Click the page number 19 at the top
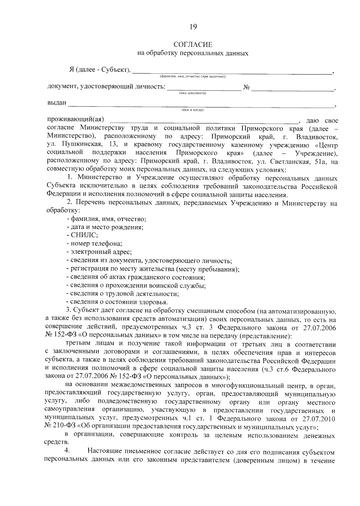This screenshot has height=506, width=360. (x=193, y=27)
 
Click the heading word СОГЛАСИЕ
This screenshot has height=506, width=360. (x=193, y=45)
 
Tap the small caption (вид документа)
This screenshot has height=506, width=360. (x=192, y=93)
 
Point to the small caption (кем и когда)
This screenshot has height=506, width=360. (x=192, y=110)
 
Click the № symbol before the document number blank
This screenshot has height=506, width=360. (x=246, y=87)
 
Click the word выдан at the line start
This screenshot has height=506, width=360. (x=57, y=103)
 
